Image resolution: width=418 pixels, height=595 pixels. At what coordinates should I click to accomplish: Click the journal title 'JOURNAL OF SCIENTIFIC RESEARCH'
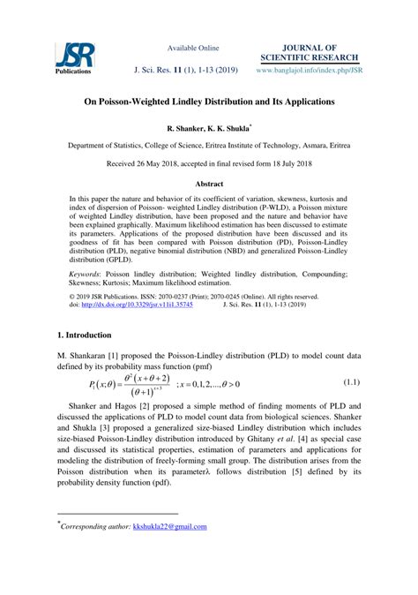pos(308,51)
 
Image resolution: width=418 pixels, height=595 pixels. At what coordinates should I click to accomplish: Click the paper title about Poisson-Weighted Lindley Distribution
pos(209,102)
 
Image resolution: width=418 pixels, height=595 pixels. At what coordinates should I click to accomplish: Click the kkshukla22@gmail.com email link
pos(169,527)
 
